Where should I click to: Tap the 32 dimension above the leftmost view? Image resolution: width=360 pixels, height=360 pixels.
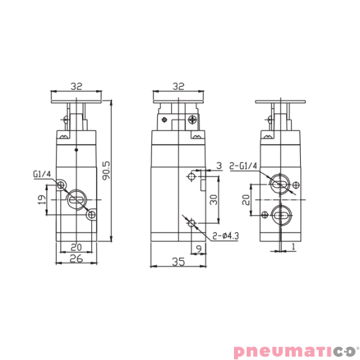[x=76, y=86]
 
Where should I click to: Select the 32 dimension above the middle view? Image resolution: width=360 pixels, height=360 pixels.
[x=177, y=86]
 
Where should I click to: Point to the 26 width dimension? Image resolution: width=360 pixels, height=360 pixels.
[x=76, y=259]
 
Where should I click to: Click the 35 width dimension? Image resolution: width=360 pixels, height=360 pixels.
[x=178, y=263]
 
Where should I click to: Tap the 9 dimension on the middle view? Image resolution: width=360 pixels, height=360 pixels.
[x=199, y=249]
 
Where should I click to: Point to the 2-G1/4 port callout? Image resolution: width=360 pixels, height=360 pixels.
[x=244, y=166]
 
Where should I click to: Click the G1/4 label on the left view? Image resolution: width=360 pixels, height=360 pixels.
[x=41, y=175]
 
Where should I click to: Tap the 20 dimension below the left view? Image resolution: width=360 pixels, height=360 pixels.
[x=75, y=246]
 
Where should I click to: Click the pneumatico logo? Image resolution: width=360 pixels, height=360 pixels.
[x=294, y=351]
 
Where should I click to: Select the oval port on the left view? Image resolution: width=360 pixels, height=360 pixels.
[x=75, y=199]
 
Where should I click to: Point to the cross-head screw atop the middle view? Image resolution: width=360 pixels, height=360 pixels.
[x=192, y=120]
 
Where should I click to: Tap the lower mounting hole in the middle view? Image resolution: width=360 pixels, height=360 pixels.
[x=193, y=223]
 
